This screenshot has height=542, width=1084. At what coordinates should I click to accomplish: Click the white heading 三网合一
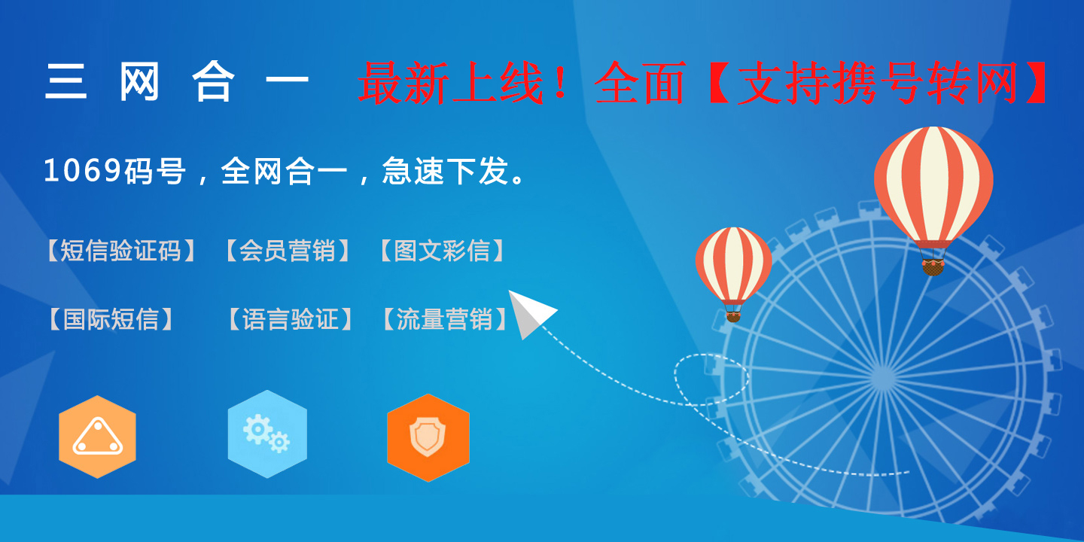pyautogui.click(x=177, y=82)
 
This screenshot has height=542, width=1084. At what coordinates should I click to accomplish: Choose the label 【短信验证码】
pyautogui.click(x=121, y=251)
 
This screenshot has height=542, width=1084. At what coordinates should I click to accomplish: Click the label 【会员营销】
pyautogui.click(x=288, y=251)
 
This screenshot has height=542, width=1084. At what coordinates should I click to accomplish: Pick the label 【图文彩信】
pyautogui.click(x=443, y=251)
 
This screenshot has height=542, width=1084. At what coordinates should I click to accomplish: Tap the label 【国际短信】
pyautogui.click(x=111, y=319)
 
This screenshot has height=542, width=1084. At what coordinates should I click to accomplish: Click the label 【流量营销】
pyautogui.click(x=445, y=319)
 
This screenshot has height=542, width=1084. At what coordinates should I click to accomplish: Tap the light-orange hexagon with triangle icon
pyautogui.click(x=97, y=437)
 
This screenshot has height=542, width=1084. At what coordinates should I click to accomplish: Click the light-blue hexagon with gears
pyautogui.click(x=267, y=434)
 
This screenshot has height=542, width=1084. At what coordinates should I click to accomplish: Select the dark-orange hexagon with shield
pyautogui.click(x=428, y=437)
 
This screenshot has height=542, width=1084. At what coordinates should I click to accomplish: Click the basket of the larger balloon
pyautogui.click(x=933, y=267)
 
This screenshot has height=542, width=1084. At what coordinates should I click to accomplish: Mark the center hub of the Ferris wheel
pyautogui.click(x=883, y=377)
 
